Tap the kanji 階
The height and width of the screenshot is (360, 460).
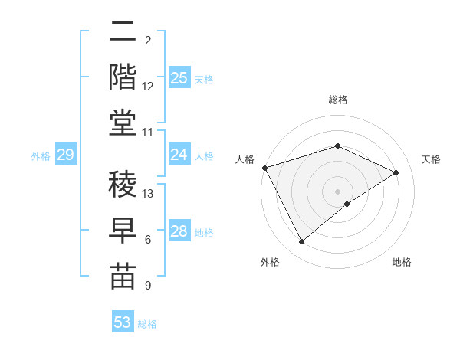(123, 77)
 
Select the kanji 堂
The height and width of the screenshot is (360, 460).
(123, 123)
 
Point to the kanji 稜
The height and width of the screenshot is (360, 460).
(123, 183)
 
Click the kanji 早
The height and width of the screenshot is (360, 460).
(123, 230)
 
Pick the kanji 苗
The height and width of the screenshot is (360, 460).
(123, 276)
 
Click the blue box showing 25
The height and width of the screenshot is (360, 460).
(179, 77)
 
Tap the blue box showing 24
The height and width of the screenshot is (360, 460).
(179, 155)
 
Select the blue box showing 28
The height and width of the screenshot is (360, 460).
(179, 231)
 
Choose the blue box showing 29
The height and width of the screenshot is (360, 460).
(65, 155)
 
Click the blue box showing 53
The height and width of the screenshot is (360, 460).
(123, 322)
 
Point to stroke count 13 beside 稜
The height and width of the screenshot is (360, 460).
(149, 193)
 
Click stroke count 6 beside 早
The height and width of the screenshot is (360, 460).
(148, 240)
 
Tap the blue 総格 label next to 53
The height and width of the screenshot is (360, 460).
(147, 324)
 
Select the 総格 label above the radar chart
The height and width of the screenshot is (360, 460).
(337, 100)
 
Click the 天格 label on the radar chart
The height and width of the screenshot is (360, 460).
(432, 159)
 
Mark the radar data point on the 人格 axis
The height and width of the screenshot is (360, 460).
(264, 168)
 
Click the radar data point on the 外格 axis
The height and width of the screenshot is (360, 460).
(301, 242)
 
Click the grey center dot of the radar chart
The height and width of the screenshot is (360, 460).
(337, 191)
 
